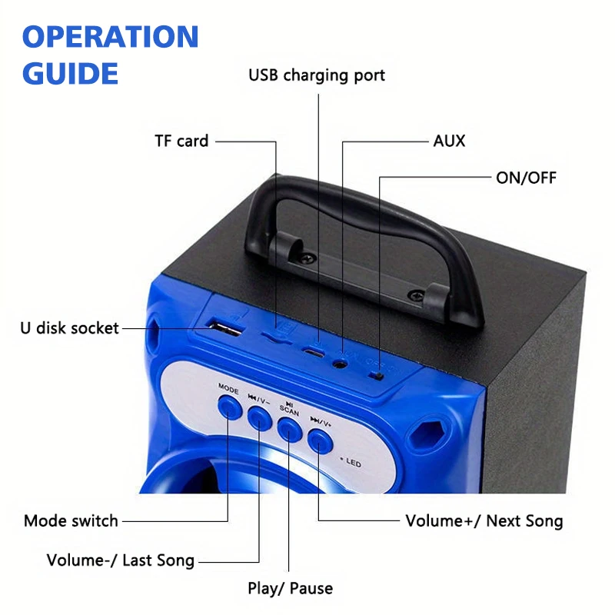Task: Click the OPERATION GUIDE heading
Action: click(110, 55)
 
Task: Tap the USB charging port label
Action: click(316, 75)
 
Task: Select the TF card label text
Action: click(181, 141)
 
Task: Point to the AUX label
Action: click(449, 141)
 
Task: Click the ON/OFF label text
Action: click(526, 178)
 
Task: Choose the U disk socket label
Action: click(69, 328)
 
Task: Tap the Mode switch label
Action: click(71, 520)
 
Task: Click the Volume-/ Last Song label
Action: click(121, 560)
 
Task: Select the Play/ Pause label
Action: click(290, 589)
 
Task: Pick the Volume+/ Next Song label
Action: click(484, 520)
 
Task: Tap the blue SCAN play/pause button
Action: click(289, 427)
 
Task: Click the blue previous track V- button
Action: click(259, 417)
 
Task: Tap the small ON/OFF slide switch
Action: click(377, 375)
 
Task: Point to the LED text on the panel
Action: click(353, 464)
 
